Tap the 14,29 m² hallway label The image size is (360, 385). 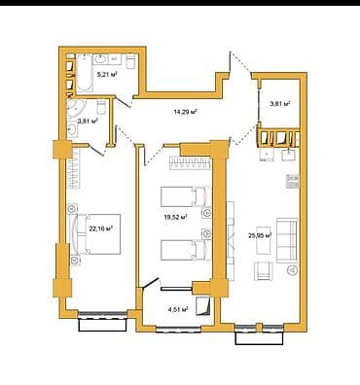[x=185, y=112]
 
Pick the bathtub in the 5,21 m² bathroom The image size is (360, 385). [x=84, y=72]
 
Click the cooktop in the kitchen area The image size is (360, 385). [x=290, y=181]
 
